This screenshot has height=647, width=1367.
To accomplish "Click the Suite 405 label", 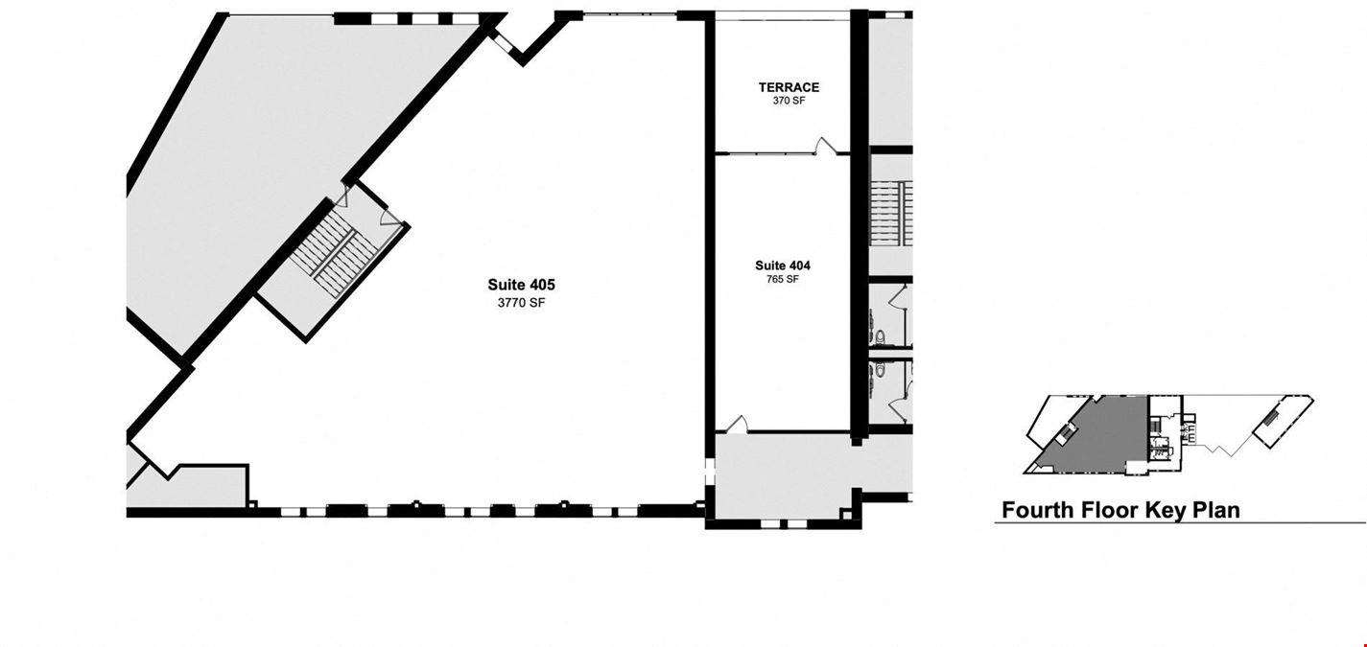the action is pyautogui.click(x=521, y=285).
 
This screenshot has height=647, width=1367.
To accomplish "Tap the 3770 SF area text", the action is pyautogui.click(x=521, y=303).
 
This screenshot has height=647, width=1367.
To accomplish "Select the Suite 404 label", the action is pyautogui.click(x=783, y=266).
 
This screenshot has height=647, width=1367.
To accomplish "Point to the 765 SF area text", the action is pyautogui.click(x=783, y=279).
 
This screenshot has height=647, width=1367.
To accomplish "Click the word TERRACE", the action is pyautogui.click(x=789, y=87).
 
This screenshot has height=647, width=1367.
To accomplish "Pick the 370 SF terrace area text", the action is pyautogui.click(x=789, y=101).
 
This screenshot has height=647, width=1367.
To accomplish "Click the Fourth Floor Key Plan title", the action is pyautogui.click(x=1120, y=510).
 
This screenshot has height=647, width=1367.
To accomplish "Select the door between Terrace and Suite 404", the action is pyautogui.click(x=824, y=147).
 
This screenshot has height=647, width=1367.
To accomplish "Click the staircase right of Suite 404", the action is pyautogui.click(x=891, y=213).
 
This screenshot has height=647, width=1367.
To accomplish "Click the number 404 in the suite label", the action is pyautogui.click(x=799, y=266).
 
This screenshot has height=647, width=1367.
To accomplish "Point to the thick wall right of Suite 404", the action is pyautogui.click(x=860, y=225).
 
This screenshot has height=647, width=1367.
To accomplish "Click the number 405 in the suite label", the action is pyautogui.click(x=540, y=285).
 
